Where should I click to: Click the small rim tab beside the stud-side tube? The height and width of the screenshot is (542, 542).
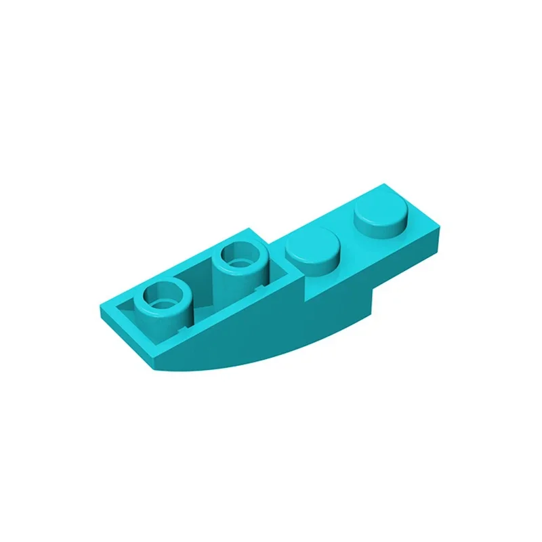tap(260, 289)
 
